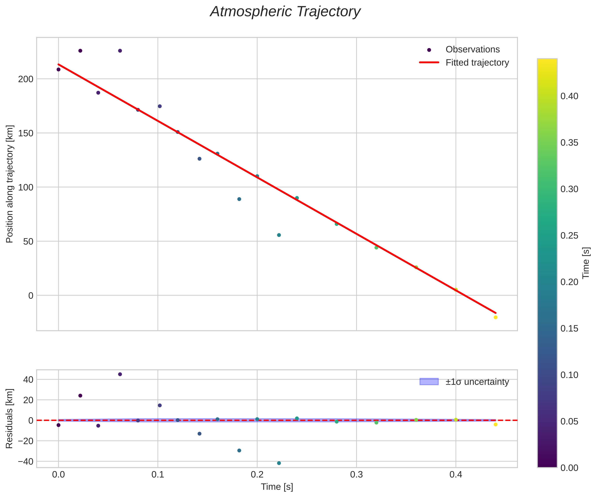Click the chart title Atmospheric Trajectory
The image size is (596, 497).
tap(285, 12)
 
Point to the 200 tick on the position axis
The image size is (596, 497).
tap(26, 79)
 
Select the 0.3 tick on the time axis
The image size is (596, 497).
tap(356, 475)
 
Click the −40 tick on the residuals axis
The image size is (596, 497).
tap(26, 461)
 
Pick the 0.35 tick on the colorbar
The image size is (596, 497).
tap(569, 143)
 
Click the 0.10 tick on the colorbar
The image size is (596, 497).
tap(569, 375)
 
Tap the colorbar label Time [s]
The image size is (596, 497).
tap(586, 263)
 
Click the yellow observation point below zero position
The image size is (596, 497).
tap(496, 317)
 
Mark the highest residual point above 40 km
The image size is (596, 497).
tap(120, 374)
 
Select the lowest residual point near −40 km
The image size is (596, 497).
tap(279, 463)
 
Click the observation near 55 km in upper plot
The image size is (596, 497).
tap(279, 235)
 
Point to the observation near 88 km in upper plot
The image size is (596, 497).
tap(239, 199)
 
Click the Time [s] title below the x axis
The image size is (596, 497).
tap(277, 487)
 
